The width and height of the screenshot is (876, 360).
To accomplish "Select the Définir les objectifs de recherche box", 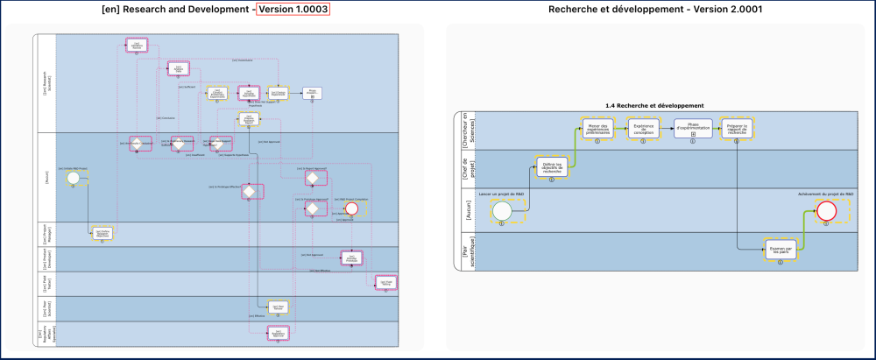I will [552, 167].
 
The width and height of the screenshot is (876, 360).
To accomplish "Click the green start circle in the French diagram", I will [502, 211].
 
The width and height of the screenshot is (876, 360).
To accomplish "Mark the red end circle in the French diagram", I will [826, 211].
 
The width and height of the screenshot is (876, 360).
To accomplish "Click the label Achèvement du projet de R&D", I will [826, 193].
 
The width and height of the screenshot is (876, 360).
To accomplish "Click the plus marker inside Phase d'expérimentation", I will [693, 134].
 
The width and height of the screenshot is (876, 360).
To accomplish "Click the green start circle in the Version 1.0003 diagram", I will [74, 178].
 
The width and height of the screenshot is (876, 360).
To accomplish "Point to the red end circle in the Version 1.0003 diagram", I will [352, 208].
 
